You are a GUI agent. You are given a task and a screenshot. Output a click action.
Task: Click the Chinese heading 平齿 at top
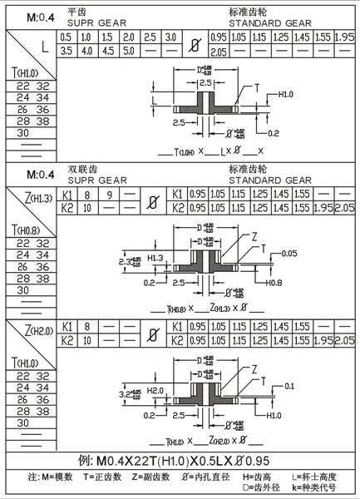pos(76,12)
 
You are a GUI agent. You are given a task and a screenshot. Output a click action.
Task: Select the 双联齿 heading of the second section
pos(80,168)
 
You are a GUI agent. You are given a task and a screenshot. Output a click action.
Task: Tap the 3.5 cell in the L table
pos(66,51)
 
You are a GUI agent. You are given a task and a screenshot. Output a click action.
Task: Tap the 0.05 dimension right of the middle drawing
pos(289,252)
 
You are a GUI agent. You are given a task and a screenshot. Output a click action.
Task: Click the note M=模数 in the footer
pos(47,476)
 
